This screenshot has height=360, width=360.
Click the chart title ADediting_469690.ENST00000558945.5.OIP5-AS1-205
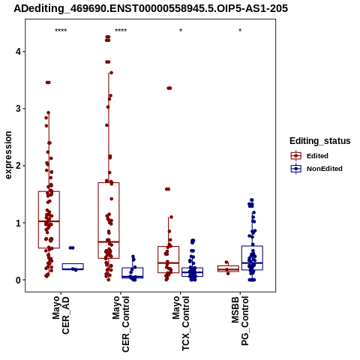coord(151,8)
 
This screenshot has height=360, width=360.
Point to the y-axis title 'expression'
coord(8,155)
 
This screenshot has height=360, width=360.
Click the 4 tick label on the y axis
coord(18,52)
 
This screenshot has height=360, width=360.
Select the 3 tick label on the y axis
coord(18,109)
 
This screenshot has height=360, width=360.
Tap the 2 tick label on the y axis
coord(18,166)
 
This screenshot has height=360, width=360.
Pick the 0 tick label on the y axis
coord(18,280)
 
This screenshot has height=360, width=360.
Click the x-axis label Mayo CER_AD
coord(61,315)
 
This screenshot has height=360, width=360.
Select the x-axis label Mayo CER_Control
coord(121,324)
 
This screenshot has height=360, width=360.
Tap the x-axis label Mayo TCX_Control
coord(181,323)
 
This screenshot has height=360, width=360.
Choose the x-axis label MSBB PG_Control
coord(240,321)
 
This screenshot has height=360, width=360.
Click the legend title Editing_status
coord(320,141)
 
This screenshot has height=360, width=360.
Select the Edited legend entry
coord(310,156)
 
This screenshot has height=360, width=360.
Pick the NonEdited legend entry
coord(316,169)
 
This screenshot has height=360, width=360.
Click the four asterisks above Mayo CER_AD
coord(61,31)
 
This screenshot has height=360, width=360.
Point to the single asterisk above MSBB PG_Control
coord(240,31)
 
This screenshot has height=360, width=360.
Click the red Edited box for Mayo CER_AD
coord(49,191)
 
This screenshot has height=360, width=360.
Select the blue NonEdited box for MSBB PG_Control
coord(252,246)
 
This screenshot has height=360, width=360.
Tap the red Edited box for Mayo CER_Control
coord(109,183)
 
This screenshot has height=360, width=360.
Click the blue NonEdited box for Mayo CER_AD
coord(73,264)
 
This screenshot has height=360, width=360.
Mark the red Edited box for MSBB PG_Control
coord(228,266)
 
